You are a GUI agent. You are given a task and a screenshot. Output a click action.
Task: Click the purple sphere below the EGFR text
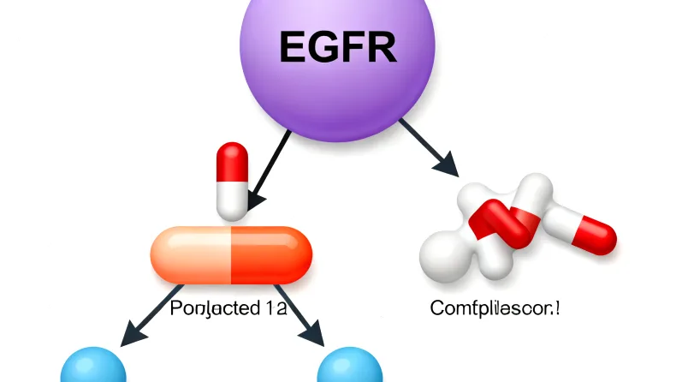pos(338,103)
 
